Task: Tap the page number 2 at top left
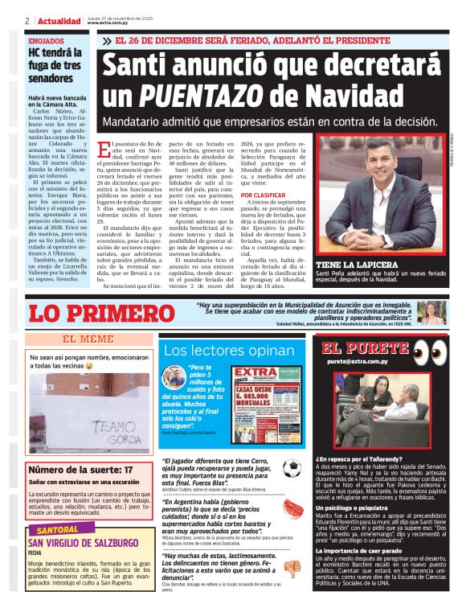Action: point(27,22)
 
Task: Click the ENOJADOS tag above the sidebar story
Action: point(46,40)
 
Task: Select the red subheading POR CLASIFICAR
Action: point(263,195)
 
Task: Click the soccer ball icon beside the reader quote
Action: point(291,470)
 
